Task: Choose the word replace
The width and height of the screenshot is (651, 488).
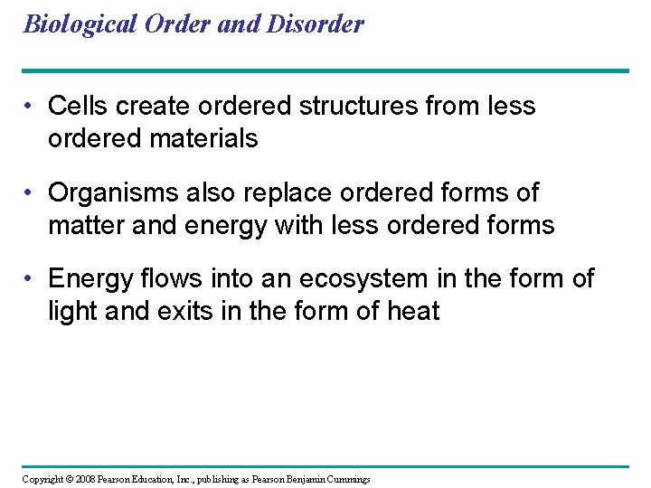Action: (x=281, y=192)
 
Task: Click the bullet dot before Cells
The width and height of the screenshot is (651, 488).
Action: (x=31, y=107)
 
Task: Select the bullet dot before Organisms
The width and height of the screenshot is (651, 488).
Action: (x=31, y=193)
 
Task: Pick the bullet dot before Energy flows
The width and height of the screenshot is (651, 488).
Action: (x=31, y=279)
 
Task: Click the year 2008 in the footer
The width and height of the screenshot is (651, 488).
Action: (x=81, y=479)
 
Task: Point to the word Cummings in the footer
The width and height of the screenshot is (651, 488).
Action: (x=345, y=479)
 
